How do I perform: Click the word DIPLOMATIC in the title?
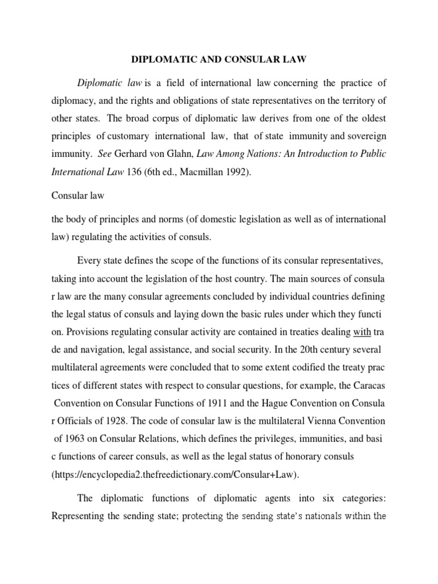[163, 58]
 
